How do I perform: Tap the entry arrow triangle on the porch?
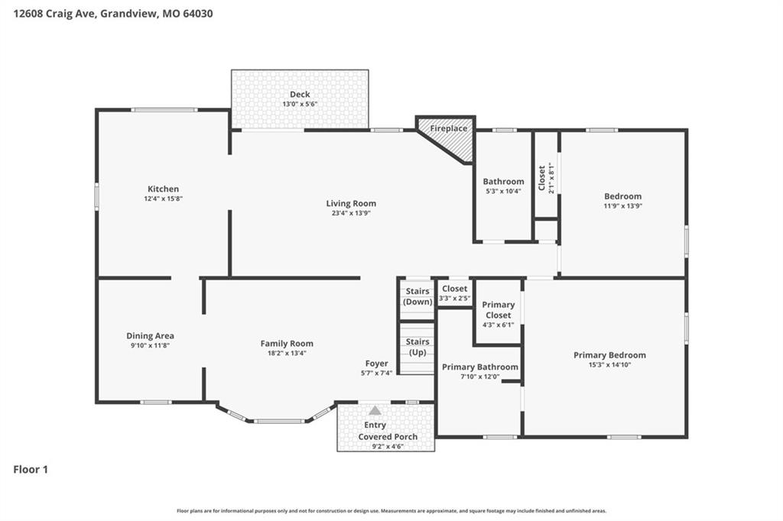point(375,411)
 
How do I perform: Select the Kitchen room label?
point(164,189)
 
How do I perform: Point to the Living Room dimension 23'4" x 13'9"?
point(351,213)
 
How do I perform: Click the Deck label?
point(300,94)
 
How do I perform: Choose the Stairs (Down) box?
point(417,299)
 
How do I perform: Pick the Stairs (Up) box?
point(417,348)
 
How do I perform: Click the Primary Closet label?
point(499,310)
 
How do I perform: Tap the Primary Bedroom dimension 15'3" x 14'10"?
point(609,365)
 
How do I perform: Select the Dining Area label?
point(151,336)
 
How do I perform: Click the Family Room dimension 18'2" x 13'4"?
point(288,354)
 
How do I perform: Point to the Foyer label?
point(376,364)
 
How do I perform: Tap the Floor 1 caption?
point(31,469)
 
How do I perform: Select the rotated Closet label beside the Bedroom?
point(542,178)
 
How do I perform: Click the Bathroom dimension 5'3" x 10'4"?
point(503,191)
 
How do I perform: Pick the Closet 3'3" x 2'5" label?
point(454,293)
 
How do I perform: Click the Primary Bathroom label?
point(480,367)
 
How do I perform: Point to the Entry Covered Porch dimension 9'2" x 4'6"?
point(388,447)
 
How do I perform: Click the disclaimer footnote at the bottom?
point(391,510)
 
